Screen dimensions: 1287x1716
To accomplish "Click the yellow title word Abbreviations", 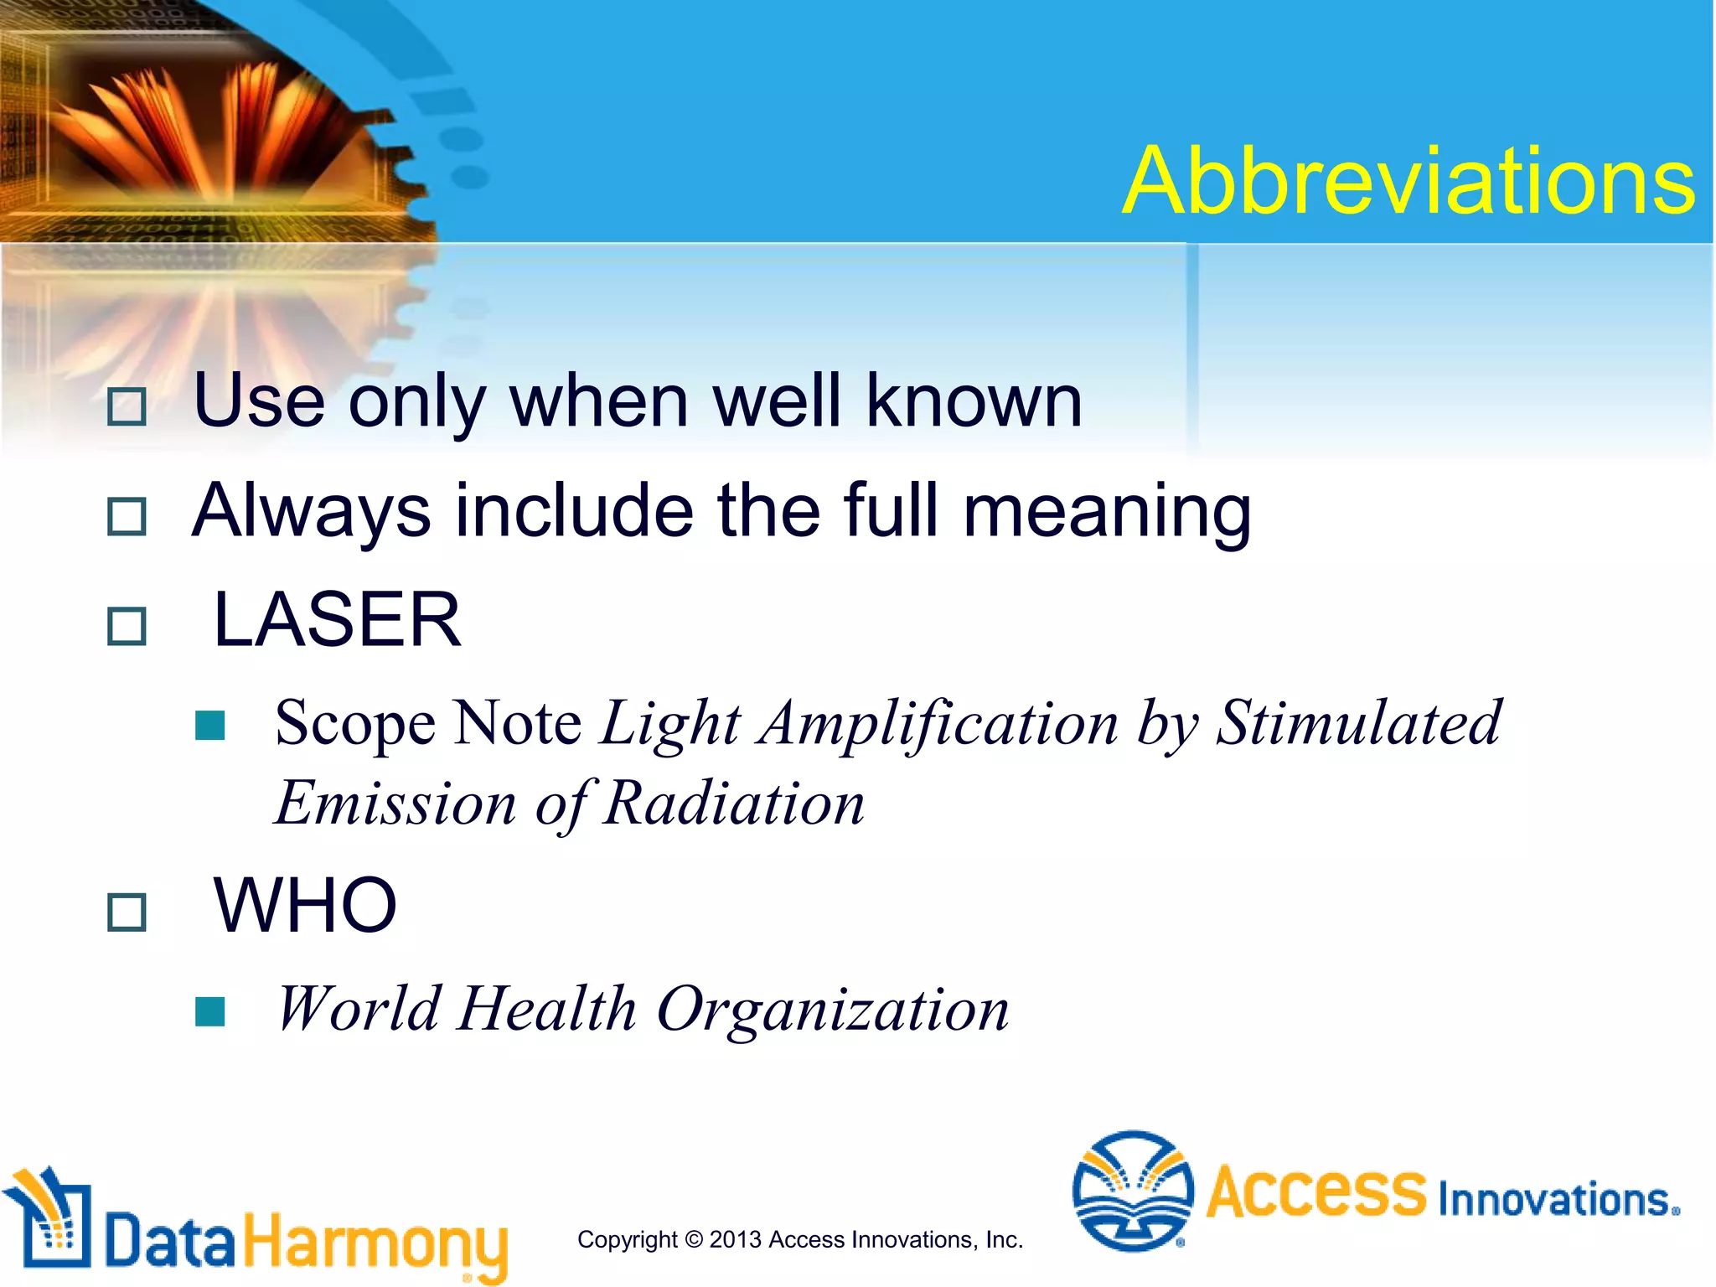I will click(x=1408, y=182).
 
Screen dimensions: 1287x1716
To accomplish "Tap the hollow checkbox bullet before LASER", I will click(x=127, y=626).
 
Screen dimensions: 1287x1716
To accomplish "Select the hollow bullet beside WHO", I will click(x=127, y=912).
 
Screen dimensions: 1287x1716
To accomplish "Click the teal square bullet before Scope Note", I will click(x=209, y=726).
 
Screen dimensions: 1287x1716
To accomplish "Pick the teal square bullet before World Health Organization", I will click(x=209, y=1011).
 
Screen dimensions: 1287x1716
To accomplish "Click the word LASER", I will click(x=337, y=620).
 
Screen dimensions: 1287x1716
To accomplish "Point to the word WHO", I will click(x=305, y=906).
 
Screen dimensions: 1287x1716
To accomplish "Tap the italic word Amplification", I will click(x=938, y=723).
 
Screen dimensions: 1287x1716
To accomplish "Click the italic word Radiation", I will click(x=734, y=804).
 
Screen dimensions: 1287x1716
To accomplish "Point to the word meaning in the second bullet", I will click(x=1107, y=511).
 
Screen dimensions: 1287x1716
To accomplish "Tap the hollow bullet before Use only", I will click(x=127, y=407).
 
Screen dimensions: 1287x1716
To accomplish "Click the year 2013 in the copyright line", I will click(x=735, y=1240).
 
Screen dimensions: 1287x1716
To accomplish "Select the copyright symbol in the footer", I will click(x=694, y=1240).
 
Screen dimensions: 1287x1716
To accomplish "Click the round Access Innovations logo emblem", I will click(x=1133, y=1191).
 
